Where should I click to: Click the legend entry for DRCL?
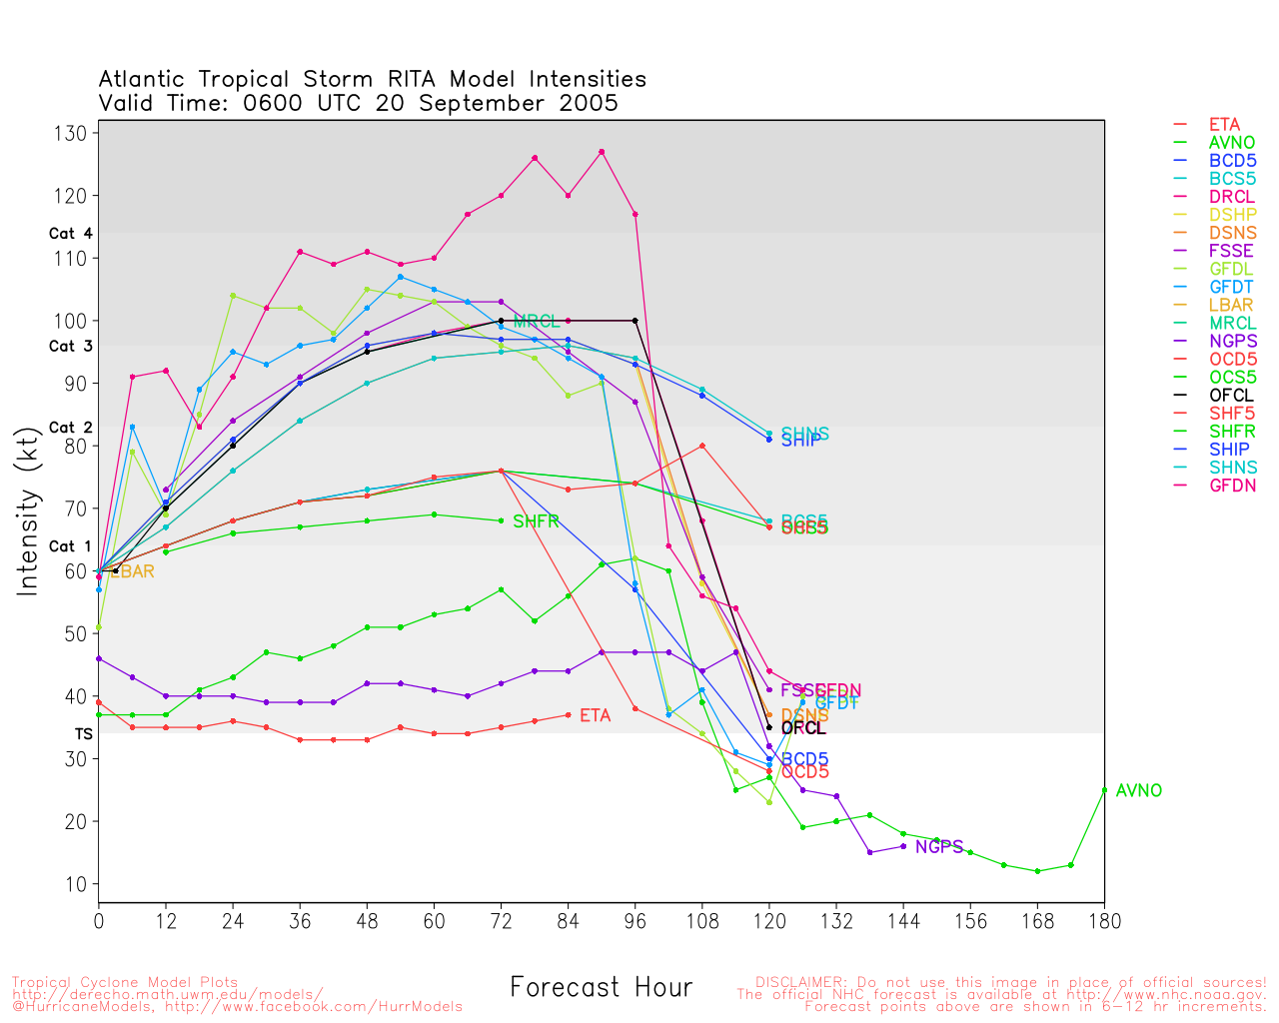coord(1231,197)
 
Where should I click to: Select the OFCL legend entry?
coord(1231,395)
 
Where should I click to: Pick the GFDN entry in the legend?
coord(1231,485)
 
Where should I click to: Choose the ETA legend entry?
coord(1224,125)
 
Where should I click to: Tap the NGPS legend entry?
coord(1231,341)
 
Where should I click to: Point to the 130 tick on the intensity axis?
coord(77,133)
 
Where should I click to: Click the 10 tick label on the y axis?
coord(77,884)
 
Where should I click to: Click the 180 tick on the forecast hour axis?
coord(1104,919)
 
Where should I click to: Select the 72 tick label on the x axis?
coord(501,919)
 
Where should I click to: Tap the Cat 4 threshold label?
coord(70,233)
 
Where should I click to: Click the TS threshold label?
coord(83,733)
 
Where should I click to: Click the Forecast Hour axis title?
coord(601,987)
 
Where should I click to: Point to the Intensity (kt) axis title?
coord(28,513)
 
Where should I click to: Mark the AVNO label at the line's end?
coord(1139,790)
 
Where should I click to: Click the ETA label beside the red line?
coord(595,715)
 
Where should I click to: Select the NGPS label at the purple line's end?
coord(939,847)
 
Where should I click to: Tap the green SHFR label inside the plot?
coord(536,521)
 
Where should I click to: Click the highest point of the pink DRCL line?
coord(602,152)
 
